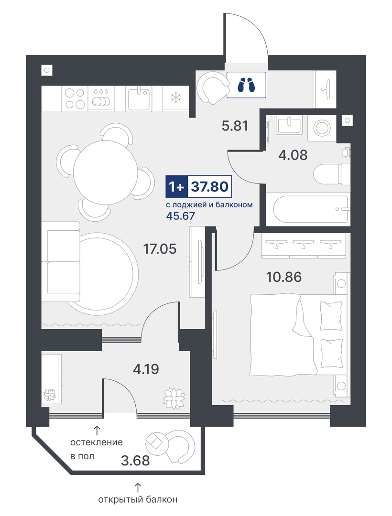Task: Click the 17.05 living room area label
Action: [160, 249]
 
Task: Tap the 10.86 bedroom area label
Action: [283, 277]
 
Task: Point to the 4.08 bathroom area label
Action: [293, 155]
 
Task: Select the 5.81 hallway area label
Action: [235, 126]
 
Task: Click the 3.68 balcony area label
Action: [135, 461]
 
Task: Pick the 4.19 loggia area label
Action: [146, 369]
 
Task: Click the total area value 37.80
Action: [210, 187]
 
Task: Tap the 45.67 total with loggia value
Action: [180, 216]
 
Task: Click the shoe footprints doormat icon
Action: [246, 85]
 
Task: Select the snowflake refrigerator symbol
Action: [175, 98]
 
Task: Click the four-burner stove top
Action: [75, 98]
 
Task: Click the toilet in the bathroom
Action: [331, 173]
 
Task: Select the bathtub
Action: [310, 209]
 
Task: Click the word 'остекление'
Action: [97, 442]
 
